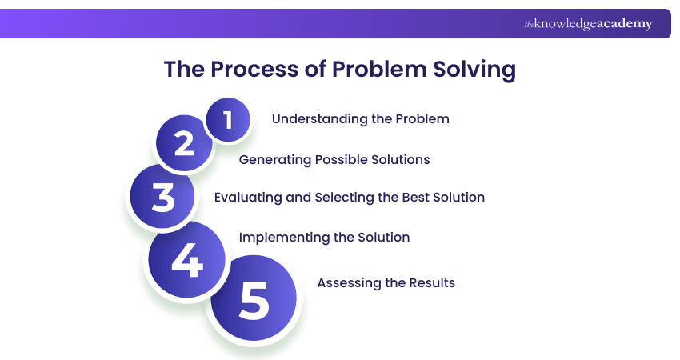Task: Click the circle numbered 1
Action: coord(228,120)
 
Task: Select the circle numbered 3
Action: coord(163,196)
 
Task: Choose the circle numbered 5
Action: coord(254,298)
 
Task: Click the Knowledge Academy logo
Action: coord(588,24)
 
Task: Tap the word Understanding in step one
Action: coord(317,119)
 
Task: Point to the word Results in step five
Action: coord(430,283)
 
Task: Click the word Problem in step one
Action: coord(422,119)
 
